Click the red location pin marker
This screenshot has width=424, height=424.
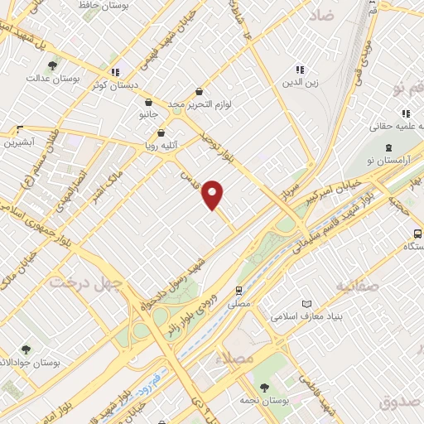coord(213,195)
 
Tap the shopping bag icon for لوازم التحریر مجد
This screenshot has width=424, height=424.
coord(199,92)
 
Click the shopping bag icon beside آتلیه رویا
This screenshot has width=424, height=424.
coord(161,132)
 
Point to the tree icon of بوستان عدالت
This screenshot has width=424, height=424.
coord(54,65)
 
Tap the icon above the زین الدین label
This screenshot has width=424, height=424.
coord(300,70)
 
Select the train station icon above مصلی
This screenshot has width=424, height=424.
coord(238,290)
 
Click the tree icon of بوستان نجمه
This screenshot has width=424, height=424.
coord(263,387)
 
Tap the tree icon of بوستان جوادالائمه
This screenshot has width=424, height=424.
coord(26,349)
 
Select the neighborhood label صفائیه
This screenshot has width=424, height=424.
coord(361,286)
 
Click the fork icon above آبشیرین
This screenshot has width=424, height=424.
coord(20,129)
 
